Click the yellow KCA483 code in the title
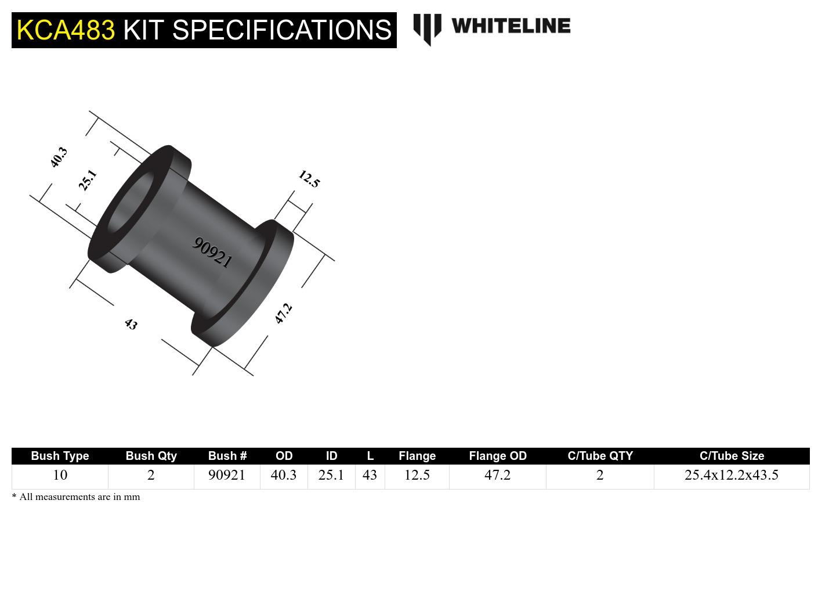(x=66, y=30)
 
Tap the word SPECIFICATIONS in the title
(x=282, y=30)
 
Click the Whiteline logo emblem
(x=427, y=28)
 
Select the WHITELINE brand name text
(x=511, y=26)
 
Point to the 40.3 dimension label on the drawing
(x=59, y=157)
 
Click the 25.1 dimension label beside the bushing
(x=88, y=180)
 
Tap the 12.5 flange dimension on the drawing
(x=309, y=179)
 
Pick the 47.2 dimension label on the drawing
(x=283, y=314)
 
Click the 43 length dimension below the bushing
(x=131, y=324)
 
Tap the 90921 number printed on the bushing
(x=212, y=252)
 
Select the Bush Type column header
(x=60, y=456)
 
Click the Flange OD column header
(x=497, y=456)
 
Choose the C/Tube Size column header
(x=731, y=456)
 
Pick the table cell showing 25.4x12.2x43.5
(x=731, y=475)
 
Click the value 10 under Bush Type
(x=60, y=475)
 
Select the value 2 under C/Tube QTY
(x=600, y=475)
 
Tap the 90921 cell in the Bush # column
(x=227, y=475)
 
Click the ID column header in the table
(x=331, y=456)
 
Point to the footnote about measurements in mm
(x=76, y=497)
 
